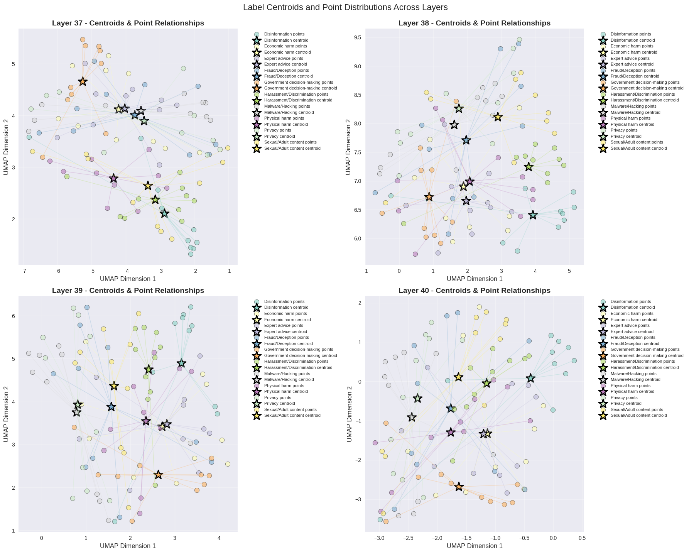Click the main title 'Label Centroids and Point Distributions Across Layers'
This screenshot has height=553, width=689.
[x=345, y=7]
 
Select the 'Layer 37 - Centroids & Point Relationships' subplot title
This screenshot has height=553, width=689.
[x=128, y=23]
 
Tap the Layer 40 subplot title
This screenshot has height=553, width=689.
[x=474, y=291]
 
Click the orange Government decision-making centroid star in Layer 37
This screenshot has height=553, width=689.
[x=83, y=81]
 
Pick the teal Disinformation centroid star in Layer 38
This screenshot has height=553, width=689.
[x=533, y=215]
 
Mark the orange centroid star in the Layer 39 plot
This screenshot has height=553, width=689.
[x=158, y=475]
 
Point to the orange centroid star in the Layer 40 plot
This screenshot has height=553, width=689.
[x=458, y=487]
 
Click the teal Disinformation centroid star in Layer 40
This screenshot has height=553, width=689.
[x=530, y=378]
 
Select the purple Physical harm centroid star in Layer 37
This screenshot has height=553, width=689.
[x=113, y=178]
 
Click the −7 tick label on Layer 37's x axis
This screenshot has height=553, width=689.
[x=23, y=271]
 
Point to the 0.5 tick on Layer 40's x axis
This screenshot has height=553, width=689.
[x=582, y=538]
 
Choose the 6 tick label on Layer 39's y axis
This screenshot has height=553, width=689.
[x=13, y=316]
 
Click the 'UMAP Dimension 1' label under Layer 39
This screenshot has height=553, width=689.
[x=128, y=546]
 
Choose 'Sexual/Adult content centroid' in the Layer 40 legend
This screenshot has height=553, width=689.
[x=638, y=416]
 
